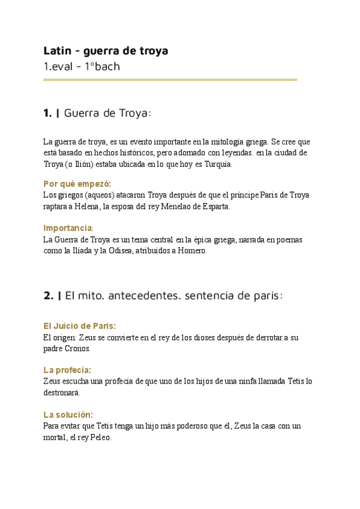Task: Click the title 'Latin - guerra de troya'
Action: pyautogui.click(x=106, y=50)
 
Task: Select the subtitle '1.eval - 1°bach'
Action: pyautogui.click(x=82, y=66)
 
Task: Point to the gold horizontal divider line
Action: pyautogui.click(x=170, y=79)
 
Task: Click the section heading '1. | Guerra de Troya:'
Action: pyautogui.click(x=97, y=113)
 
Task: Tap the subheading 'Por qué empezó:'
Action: pyautogui.click(x=77, y=184)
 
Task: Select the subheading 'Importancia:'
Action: pyautogui.click(x=68, y=228)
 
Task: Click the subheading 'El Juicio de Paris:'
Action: pyautogui.click(x=80, y=326)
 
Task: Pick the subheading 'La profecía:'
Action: pyautogui.click(x=67, y=370)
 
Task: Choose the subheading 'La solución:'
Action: pyautogui.click(x=68, y=415)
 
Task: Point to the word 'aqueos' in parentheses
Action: pyautogui.click(x=90, y=195)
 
